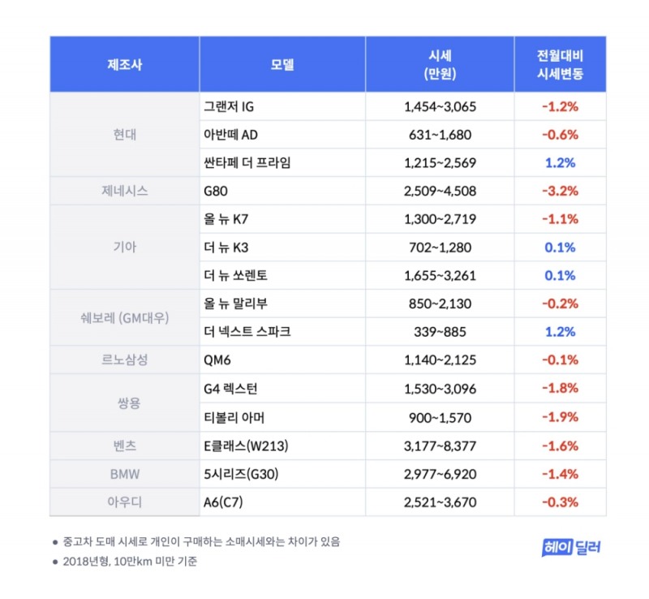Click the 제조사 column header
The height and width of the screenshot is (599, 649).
point(124,65)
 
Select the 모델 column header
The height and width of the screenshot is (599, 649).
point(282,65)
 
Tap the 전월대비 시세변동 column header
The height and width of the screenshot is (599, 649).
point(560,65)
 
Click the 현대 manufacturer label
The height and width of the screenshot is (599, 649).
point(124,135)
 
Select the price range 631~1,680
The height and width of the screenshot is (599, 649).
point(438,135)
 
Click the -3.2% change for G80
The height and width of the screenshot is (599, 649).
point(560,192)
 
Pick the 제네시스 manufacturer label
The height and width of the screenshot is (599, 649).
point(124,192)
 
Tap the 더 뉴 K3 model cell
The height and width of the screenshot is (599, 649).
point(228,248)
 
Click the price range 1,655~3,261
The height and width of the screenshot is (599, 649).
point(438,276)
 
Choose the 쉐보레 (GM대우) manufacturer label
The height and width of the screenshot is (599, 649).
point(124,318)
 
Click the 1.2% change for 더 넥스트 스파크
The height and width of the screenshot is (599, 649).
point(560,332)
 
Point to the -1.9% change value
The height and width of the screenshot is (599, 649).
point(560,417)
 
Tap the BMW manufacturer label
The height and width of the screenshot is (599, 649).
point(124,474)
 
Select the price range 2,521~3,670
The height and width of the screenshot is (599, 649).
point(438,502)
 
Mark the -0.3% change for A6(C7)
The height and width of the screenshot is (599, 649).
point(560,502)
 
